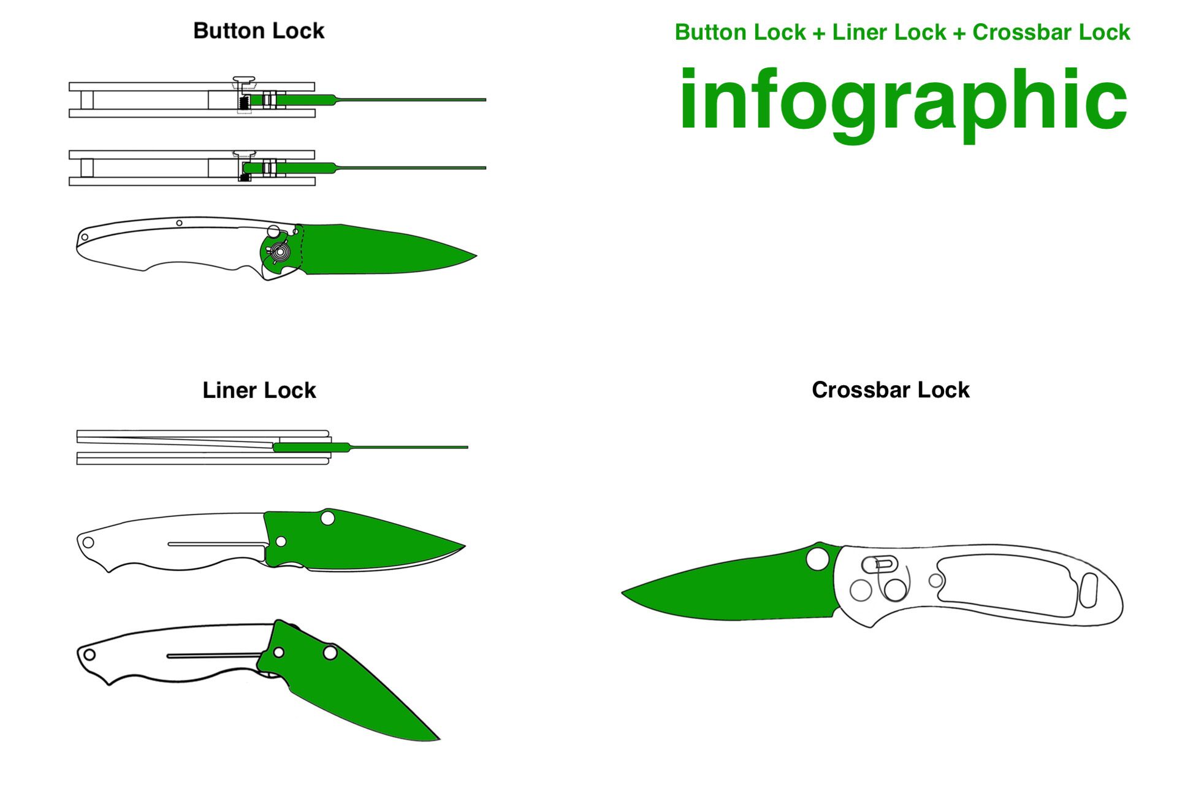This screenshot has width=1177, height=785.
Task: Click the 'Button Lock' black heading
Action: click(259, 31)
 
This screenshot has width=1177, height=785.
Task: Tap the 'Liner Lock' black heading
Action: click(259, 390)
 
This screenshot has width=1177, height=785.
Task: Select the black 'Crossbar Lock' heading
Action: click(891, 389)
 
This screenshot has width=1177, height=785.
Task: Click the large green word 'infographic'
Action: click(903, 101)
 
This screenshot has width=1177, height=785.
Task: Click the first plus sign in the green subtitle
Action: click(818, 33)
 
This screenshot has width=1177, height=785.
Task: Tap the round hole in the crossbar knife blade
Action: click(818, 559)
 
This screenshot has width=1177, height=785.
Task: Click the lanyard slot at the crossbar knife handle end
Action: click(1088, 590)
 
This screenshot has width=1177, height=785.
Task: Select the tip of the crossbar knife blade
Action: click(622, 592)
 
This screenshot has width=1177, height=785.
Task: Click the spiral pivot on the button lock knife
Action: click(281, 251)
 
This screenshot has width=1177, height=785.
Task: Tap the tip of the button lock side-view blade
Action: click(476, 255)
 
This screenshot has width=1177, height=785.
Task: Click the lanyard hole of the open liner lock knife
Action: click(88, 542)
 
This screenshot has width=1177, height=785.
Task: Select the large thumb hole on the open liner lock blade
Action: click(327, 518)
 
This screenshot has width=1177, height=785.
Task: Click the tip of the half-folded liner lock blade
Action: click(439, 739)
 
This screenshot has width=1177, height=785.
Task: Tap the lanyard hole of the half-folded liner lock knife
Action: click(89, 654)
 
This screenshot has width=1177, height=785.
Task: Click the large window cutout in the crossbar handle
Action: click(1007, 585)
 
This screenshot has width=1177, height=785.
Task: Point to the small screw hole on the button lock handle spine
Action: click(179, 223)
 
